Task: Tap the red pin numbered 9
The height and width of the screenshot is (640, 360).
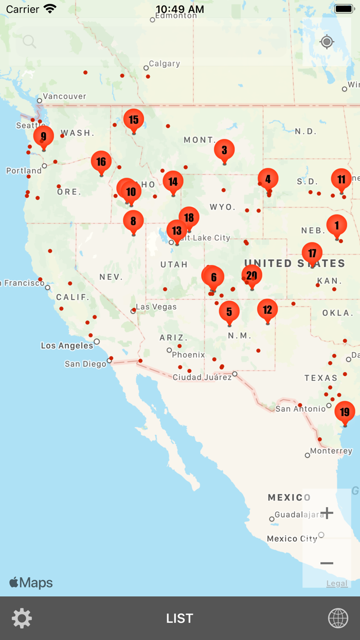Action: pos(43,137)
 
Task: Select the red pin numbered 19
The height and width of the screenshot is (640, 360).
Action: pos(345,412)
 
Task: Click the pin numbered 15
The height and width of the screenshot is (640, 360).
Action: pos(134,120)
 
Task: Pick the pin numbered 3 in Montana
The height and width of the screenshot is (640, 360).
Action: pos(224,150)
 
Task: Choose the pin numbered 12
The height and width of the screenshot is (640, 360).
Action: pos(267,310)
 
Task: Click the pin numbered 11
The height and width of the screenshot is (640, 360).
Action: pos(341,180)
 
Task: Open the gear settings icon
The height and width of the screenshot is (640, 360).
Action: pos(22,618)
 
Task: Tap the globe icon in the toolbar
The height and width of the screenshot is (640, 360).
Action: pos(338,618)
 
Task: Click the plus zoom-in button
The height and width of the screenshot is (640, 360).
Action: pos(327,513)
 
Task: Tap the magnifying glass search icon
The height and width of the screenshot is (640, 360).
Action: pos(29,42)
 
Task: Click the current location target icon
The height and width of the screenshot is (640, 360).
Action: pos(327,42)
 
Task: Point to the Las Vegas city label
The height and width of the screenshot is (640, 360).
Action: pos(156,307)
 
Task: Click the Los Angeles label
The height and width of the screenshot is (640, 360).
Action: pos(67,346)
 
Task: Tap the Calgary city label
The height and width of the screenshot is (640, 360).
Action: pos(164,64)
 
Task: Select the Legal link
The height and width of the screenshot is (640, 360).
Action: pos(337,583)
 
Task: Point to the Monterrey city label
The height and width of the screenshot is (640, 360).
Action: pos(331,451)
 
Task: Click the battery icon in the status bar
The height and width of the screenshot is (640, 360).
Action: pos(344,9)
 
